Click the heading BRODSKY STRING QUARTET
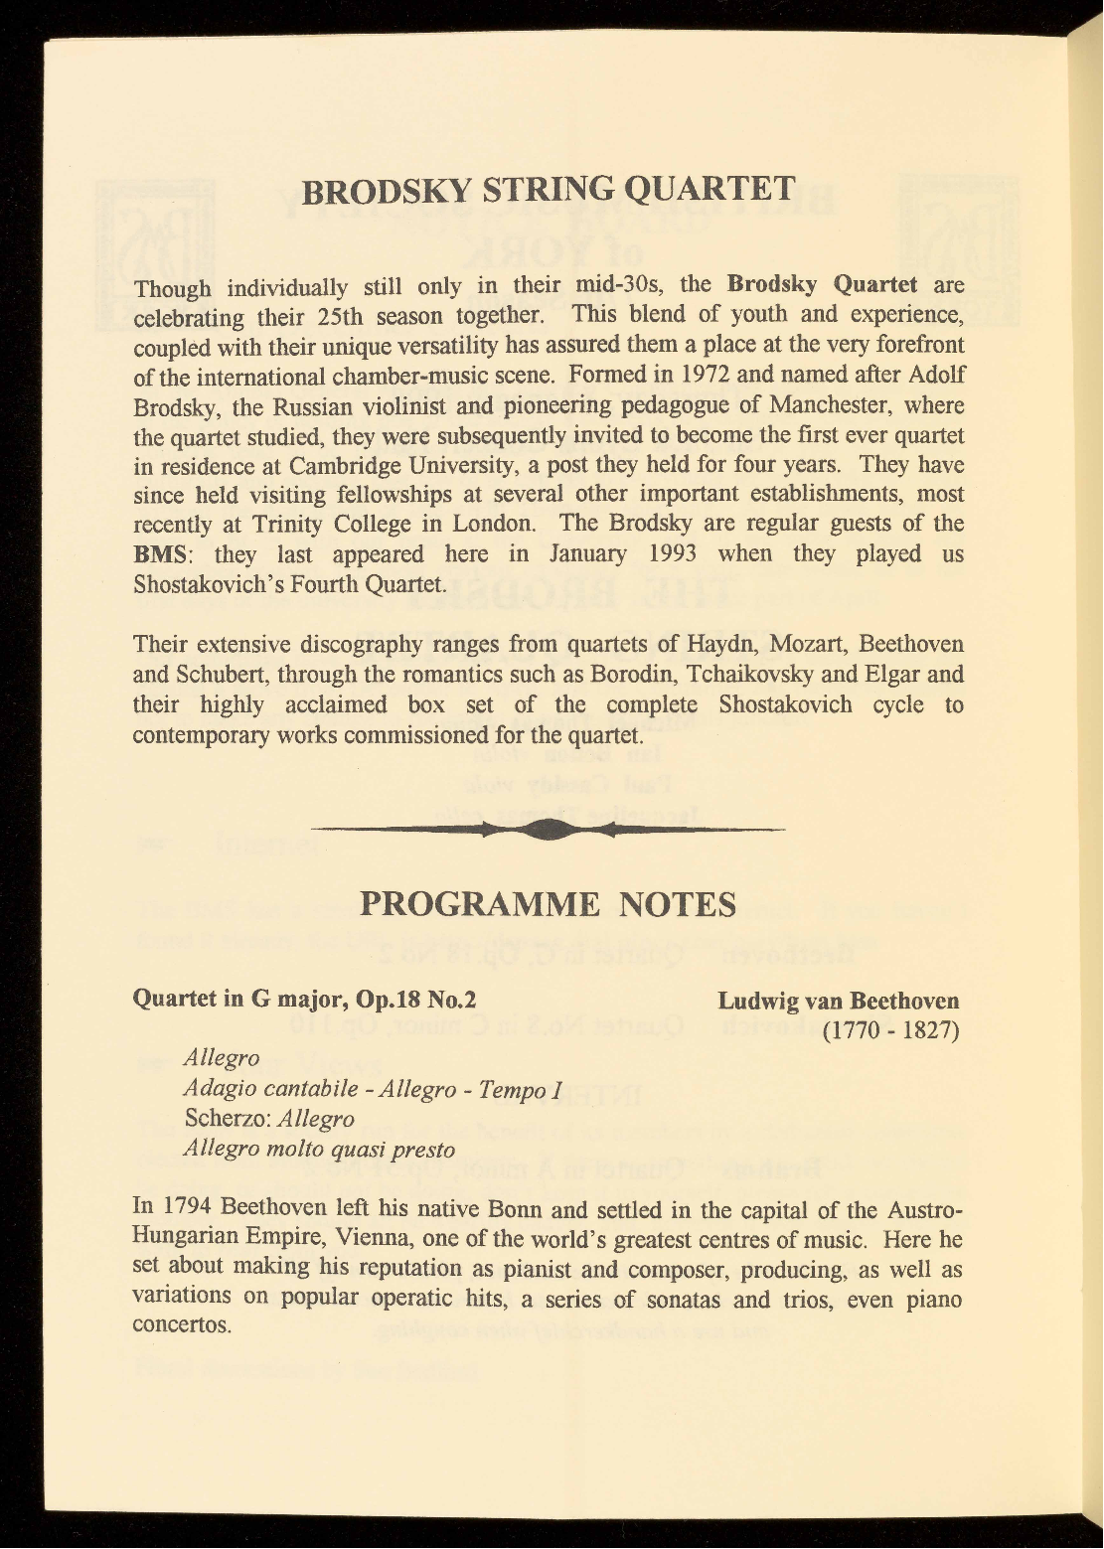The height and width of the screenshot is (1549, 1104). [x=549, y=189]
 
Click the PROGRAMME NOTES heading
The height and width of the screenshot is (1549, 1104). [x=549, y=905]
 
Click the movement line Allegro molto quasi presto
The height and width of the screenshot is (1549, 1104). [x=319, y=1150]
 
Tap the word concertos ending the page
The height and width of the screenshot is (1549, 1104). [x=181, y=1327]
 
